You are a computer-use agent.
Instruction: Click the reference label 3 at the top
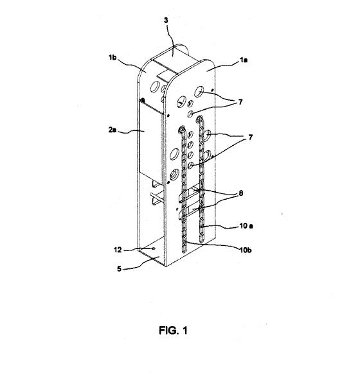click(x=166, y=21)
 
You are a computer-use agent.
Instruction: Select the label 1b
click(x=113, y=57)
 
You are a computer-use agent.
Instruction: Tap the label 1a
click(x=244, y=60)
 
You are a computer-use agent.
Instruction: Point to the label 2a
click(x=113, y=130)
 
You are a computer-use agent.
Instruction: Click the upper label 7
click(x=240, y=102)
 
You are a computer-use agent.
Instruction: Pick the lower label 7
click(x=250, y=137)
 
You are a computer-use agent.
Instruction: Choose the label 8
click(x=241, y=193)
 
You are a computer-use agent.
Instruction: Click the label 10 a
click(x=246, y=226)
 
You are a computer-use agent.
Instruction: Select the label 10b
click(x=246, y=250)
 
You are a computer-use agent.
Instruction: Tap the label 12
click(x=118, y=250)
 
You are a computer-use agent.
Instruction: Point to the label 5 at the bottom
click(x=119, y=269)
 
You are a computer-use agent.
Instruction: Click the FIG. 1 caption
click(x=174, y=331)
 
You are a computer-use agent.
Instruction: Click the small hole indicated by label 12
click(x=154, y=249)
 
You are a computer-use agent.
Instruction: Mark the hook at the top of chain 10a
click(x=199, y=118)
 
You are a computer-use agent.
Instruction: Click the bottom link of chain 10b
click(x=184, y=249)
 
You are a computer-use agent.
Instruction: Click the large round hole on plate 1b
click(x=155, y=86)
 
